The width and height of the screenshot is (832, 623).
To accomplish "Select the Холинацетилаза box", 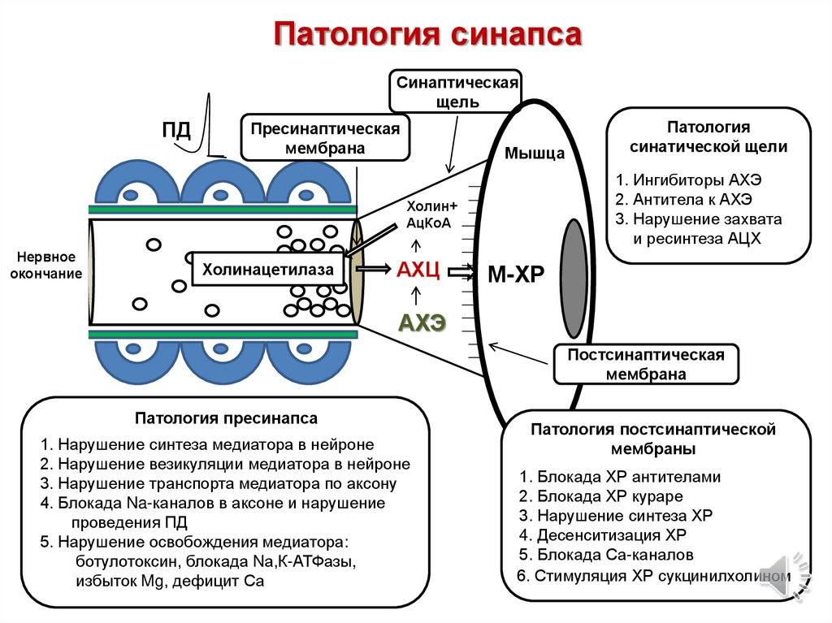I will click(267, 270).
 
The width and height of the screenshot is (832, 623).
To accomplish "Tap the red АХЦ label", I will click(418, 270).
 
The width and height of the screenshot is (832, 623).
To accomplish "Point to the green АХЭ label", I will click(422, 322).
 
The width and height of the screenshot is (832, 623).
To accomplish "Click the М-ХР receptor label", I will click(515, 275).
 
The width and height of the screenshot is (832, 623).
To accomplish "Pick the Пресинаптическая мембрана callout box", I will click(325, 138).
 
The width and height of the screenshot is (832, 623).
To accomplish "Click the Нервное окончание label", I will click(46, 264).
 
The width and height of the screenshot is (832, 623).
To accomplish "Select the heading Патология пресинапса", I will click(226, 418).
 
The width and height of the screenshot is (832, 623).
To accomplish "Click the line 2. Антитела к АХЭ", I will click(684, 199).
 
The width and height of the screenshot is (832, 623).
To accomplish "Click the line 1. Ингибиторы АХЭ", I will click(689, 180).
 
